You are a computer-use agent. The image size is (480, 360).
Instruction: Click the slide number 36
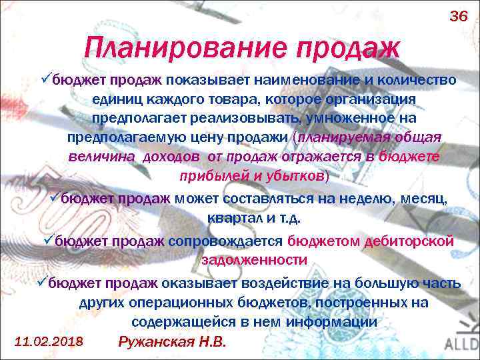pyautogui.click(x=459, y=16)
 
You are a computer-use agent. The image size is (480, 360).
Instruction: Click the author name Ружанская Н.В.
pyautogui.click(x=172, y=341)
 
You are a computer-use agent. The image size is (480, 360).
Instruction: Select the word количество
pyautogui.click(x=417, y=81)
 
